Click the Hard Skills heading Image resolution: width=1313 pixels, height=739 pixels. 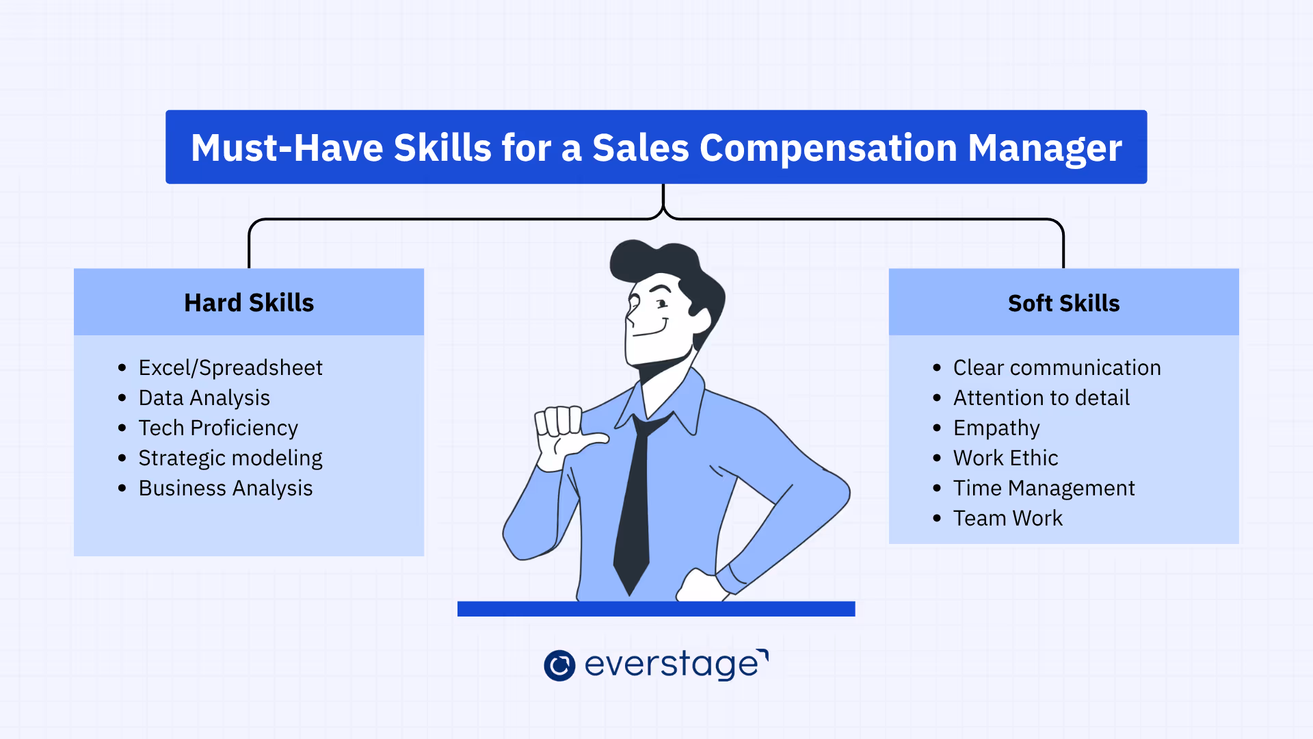[249, 302]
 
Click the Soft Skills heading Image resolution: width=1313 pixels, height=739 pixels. [1063, 303]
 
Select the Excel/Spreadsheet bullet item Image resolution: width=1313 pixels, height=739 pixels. [230, 367]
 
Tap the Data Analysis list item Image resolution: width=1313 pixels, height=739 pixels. [204, 398]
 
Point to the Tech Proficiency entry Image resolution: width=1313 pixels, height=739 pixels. [218, 428]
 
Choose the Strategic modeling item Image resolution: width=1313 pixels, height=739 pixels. [230, 458]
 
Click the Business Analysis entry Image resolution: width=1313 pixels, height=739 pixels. [225, 488]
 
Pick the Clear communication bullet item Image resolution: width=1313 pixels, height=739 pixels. [1057, 367]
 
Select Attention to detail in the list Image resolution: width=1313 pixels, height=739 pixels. [1041, 398]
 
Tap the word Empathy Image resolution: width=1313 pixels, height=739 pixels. [996, 428]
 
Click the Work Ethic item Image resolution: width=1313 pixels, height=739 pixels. [1005, 458]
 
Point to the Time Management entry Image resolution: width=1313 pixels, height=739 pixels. [1044, 488]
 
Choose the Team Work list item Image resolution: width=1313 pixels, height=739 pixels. [1007, 518]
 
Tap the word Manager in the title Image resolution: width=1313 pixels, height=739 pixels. [1044, 148]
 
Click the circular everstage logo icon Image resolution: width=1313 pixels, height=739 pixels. [559, 665]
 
